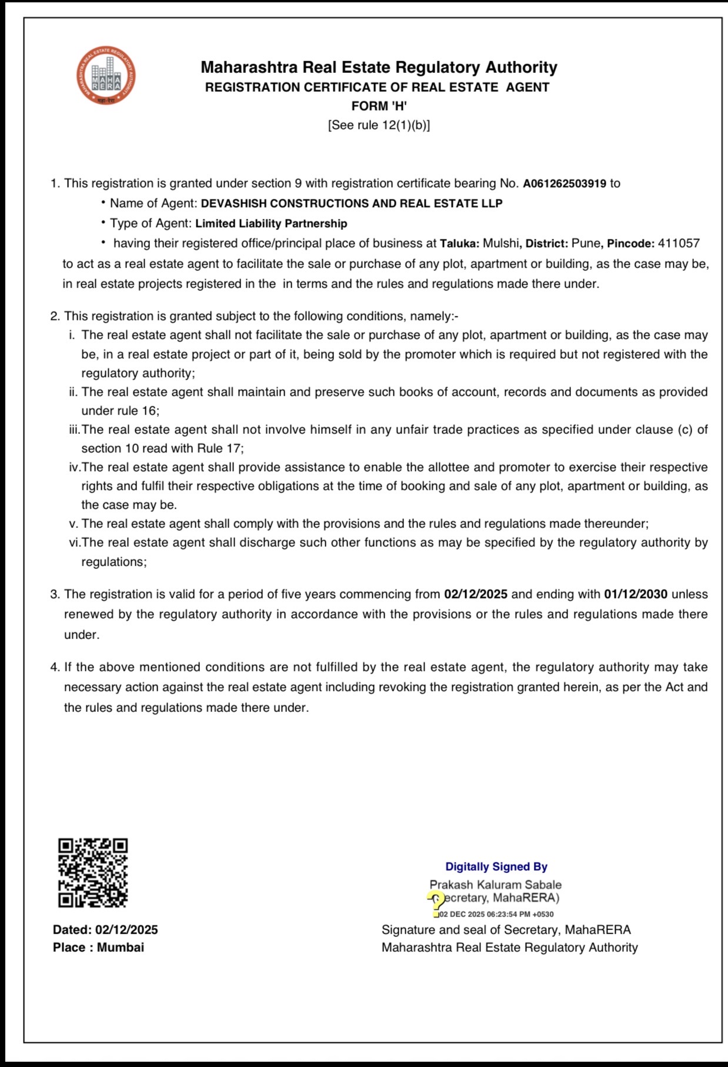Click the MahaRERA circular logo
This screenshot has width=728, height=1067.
pyautogui.click(x=106, y=76)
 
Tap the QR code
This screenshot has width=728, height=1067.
pyautogui.click(x=93, y=872)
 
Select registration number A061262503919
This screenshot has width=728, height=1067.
pyautogui.click(x=564, y=183)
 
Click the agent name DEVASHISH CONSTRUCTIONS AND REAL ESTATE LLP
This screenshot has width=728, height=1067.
pyautogui.click(x=352, y=203)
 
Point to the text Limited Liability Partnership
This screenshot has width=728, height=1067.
pyautogui.click(x=271, y=223)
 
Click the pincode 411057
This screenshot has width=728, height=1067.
pyautogui.click(x=679, y=243)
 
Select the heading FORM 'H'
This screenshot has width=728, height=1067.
pyautogui.click(x=379, y=106)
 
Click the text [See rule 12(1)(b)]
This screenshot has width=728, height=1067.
pyautogui.click(x=379, y=125)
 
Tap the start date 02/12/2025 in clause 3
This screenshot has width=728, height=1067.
pyautogui.click(x=475, y=594)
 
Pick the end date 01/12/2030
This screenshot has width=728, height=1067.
pyautogui.click(x=635, y=594)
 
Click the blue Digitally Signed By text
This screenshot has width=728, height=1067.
pyautogui.click(x=496, y=867)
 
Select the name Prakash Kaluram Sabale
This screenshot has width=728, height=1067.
pyautogui.click(x=495, y=885)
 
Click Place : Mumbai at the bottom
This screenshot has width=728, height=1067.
pyautogui.click(x=98, y=947)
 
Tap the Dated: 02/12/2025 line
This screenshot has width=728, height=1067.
pyautogui.click(x=105, y=929)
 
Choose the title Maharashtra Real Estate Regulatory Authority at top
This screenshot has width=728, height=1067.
pyautogui.click(x=379, y=67)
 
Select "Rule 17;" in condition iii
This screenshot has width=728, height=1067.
pyautogui.click(x=220, y=449)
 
